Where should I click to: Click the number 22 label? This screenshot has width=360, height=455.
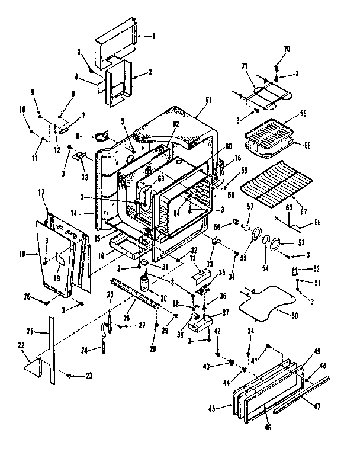pos(22,345)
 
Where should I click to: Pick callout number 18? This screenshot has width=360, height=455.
pos(21,254)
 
